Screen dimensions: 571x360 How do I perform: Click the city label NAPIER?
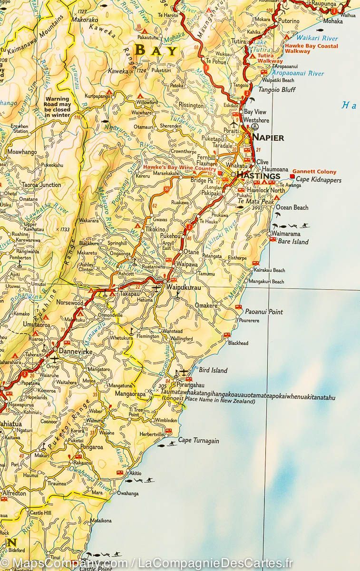click(x=268, y=138)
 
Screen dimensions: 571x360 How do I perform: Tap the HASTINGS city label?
click(x=258, y=176)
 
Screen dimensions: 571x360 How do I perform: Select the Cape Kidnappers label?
click(x=319, y=180)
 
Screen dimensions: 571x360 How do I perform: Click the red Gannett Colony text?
click(x=314, y=172)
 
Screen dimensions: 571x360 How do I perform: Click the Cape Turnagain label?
click(x=198, y=441)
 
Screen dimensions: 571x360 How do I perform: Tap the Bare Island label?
click(x=293, y=242)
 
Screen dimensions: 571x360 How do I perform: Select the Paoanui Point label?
click(x=264, y=312)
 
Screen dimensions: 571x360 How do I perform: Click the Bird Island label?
click(x=213, y=370)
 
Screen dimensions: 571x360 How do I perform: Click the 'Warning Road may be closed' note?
click(x=58, y=108)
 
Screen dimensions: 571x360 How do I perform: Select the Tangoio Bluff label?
click(x=276, y=89)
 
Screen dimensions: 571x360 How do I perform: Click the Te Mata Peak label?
click(x=255, y=201)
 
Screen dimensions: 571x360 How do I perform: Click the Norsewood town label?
click(x=70, y=303)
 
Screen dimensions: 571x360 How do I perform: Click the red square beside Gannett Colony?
click(x=292, y=177)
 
